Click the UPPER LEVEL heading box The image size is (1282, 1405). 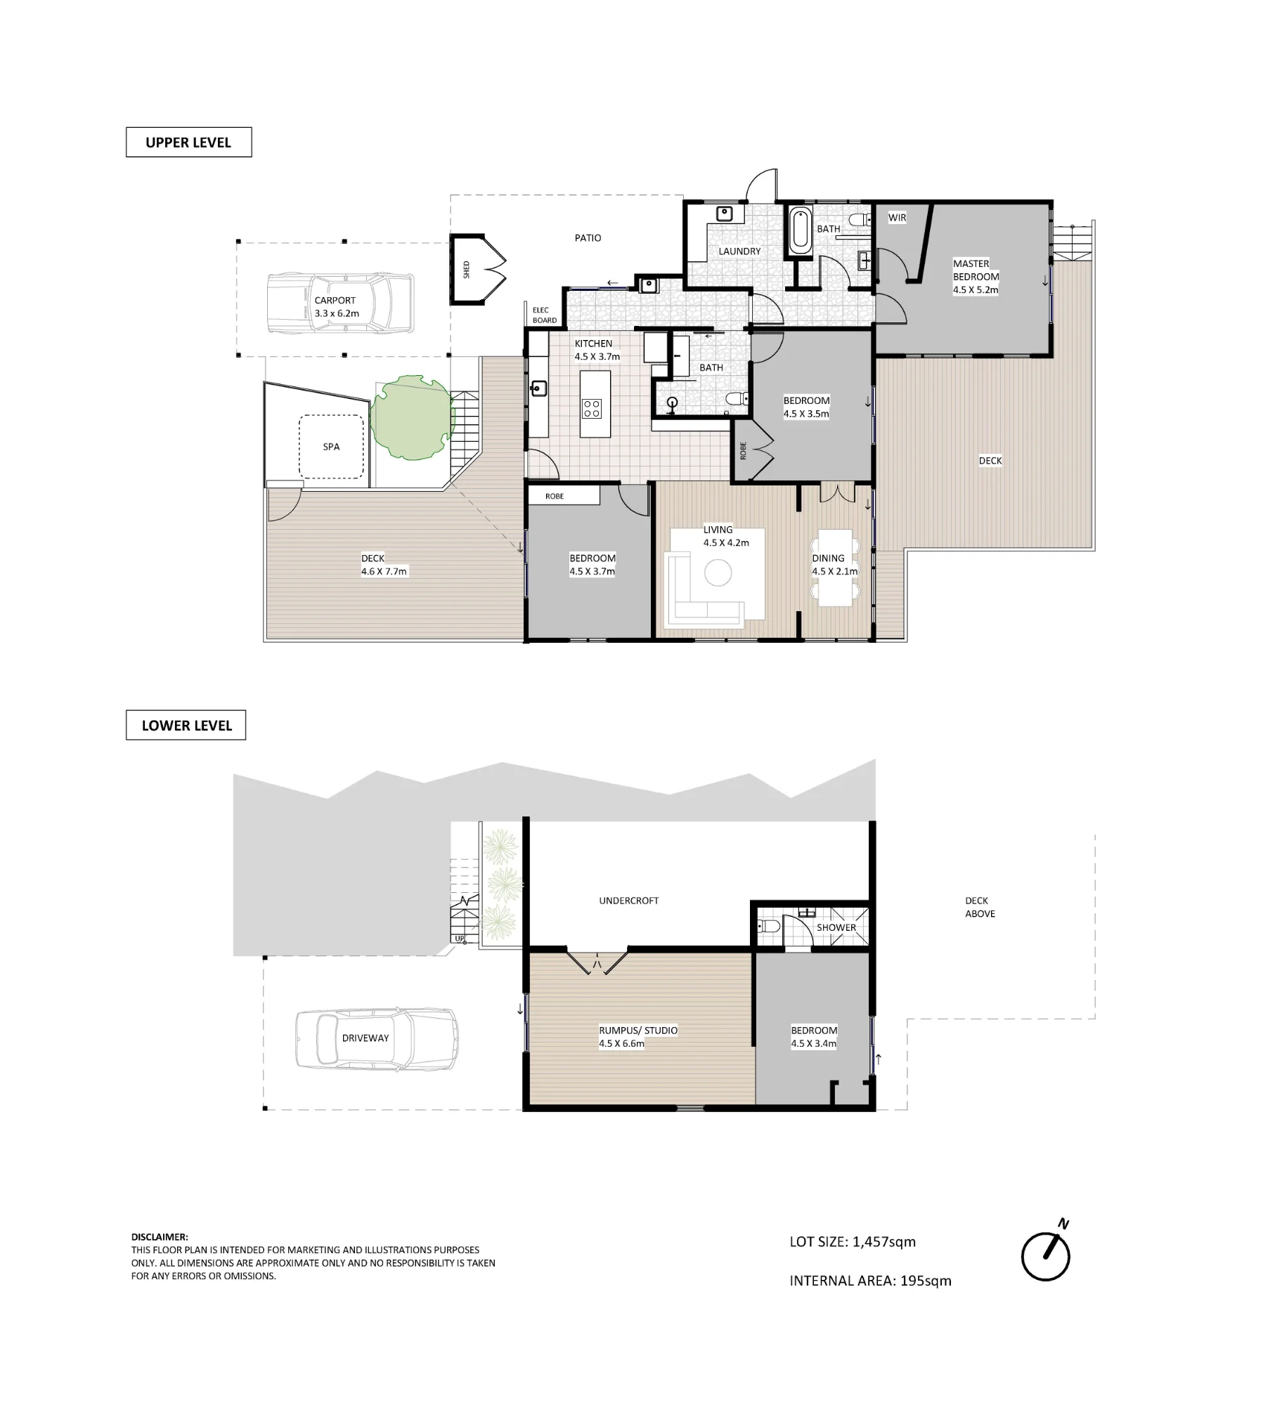[x=188, y=142]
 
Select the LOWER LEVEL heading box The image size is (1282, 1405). [x=186, y=725]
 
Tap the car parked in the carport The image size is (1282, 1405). [x=341, y=303]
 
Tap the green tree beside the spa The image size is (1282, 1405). [x=411, y=418]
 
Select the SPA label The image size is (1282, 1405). [x=331, y=447]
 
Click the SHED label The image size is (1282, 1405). [x=466, y=270]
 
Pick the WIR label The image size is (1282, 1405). [x=897, y=218]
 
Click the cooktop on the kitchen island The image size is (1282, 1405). [x=592, y=408]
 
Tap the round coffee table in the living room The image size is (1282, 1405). [x=718, y=572]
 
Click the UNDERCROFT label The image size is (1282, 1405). [x=628, y=901]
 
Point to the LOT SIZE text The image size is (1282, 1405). [x=853, y=1241]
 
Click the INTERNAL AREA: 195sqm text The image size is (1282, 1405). [x=870, y=1281]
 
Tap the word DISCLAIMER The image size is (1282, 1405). [x=160, y=1237]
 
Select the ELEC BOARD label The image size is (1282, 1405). [x=545, y=315]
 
